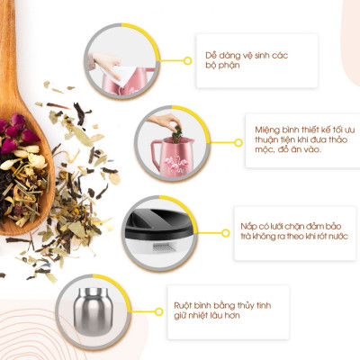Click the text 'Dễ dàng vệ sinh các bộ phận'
point(247,60)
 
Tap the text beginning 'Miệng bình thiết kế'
point(305,139)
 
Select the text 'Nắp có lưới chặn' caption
point(294,231)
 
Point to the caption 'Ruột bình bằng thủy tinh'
point(222,310)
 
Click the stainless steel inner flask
point(94,312)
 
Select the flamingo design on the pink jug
point(175,164)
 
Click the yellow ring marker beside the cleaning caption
point(188,61)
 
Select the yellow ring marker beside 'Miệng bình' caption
point(238,142)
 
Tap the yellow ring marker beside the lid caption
point(226,233)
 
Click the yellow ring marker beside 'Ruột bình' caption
point(159,312)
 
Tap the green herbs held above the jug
point(177,132)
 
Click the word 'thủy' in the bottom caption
point(247,306)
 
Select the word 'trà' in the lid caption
point(246,236)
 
